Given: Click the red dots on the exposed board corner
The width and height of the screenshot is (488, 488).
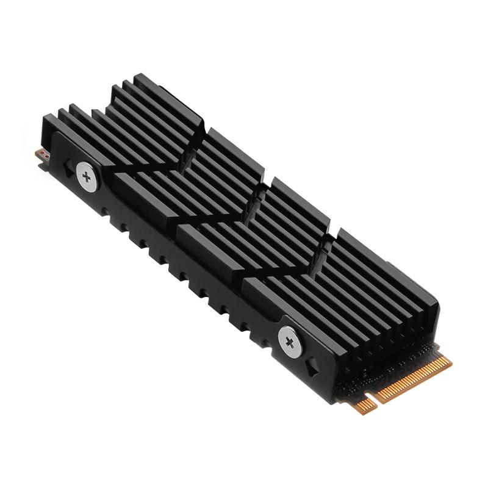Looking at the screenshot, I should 43,154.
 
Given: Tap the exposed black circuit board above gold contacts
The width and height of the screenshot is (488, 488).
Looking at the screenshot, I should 390,366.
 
